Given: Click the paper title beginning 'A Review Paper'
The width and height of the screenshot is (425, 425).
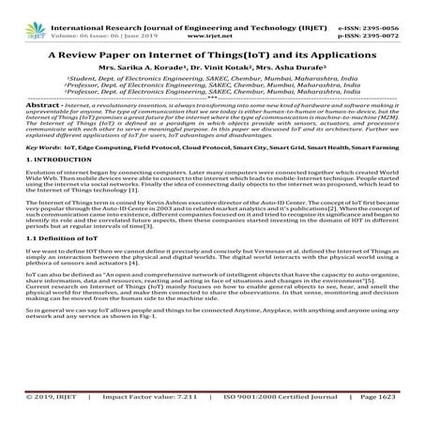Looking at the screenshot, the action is tap(212, 55).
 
